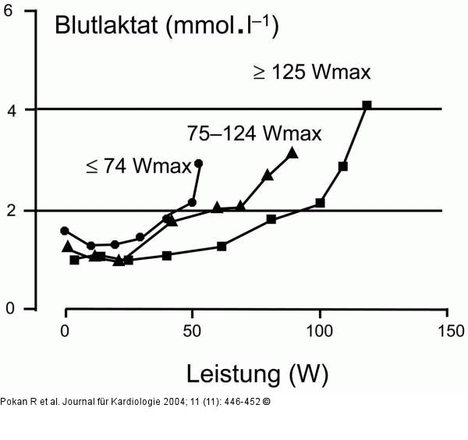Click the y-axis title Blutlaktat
click(x=106, y=25)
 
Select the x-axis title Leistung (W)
click(x=257, y=374)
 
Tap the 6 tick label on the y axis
click(x=8, y=11)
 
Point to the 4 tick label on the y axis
click(x=12, y=111)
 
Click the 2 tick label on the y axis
click(x=12, y=211)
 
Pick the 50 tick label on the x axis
click(x=192, y=331)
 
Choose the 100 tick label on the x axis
click(x=320, y=331)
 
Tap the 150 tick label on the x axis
click(x=451, y=331)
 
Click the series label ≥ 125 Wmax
click(x=312, y=73)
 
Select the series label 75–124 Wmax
click(x=254, y=133)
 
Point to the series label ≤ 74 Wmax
click(x=139, y=166)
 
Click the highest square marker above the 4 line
click(x=367, y=105)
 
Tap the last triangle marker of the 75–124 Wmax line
click(x=292, y=153)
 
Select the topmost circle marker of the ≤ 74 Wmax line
click(x=198, y=163)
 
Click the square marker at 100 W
click(x=320, y=203)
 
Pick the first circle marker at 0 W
click(x=65, y=231)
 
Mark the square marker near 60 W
click(x=222, y=247)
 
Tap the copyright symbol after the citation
click(x=267, y=402)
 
